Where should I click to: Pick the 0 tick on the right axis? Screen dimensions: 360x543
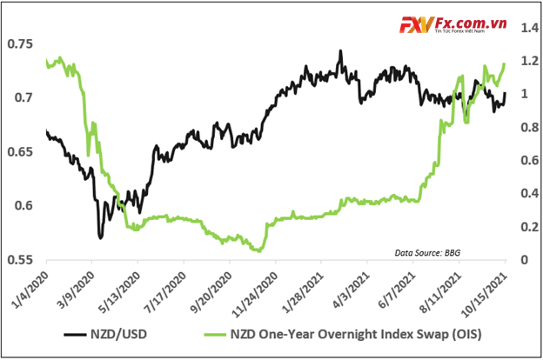point(520,260)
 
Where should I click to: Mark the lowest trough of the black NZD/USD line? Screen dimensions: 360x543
point(101,237)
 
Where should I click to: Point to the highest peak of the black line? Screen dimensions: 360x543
point(340,50)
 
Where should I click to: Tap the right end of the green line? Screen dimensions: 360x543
point(506,63)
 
